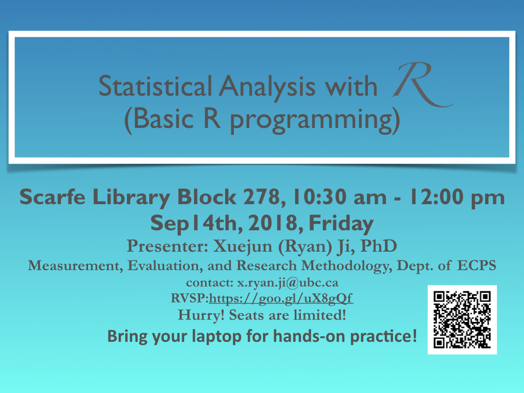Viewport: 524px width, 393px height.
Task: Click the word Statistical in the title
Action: [155, 86]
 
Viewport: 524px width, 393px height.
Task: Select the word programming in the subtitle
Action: [311, 120]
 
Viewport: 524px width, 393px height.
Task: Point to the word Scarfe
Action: [53, 197]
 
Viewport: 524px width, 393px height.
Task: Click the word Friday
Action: [341, 223]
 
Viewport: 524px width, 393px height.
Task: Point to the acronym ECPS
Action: [476, 266]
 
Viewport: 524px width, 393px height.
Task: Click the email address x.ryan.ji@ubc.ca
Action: [288, 283]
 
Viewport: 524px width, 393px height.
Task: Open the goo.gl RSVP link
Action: [281, 298]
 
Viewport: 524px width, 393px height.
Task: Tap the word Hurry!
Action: [201, 315]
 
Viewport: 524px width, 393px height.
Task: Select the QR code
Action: [462, 320]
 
